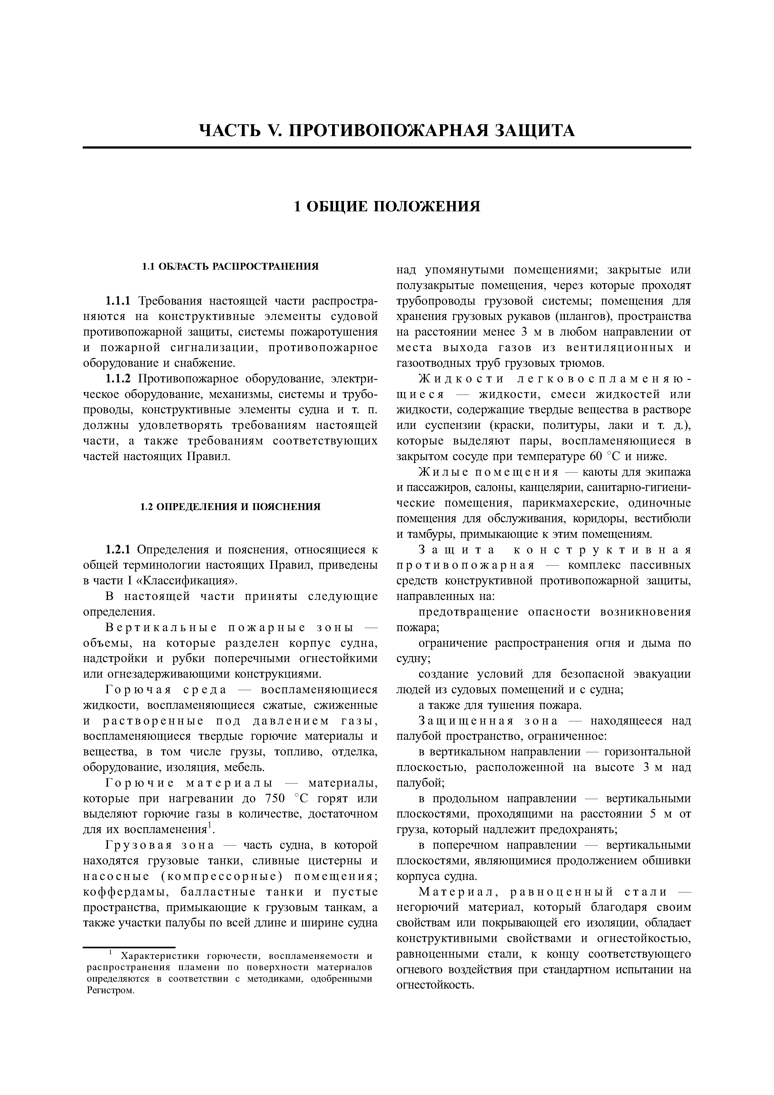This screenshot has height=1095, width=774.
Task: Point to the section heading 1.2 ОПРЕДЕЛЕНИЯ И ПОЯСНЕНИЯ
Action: [230, 507]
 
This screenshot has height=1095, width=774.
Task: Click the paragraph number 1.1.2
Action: [118, 379]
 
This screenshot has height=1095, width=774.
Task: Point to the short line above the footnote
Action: [129, 947]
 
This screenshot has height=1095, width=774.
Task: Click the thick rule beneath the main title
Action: [387, 147]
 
